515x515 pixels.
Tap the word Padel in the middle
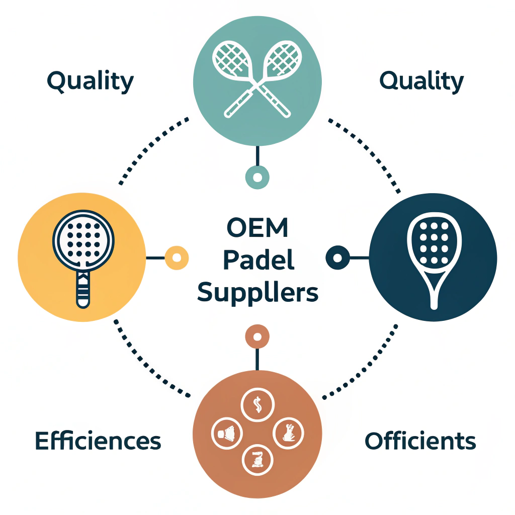coord(257,261)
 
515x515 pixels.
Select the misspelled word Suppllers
coord(257,293)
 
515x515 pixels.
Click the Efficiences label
coord(98,441)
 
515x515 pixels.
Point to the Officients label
coord(420,441)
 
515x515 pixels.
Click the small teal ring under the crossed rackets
coord(257,177)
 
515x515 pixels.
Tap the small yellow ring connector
coord(177,257)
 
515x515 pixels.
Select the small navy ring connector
coord(338,257)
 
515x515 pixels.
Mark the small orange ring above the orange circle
coord(257,336)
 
